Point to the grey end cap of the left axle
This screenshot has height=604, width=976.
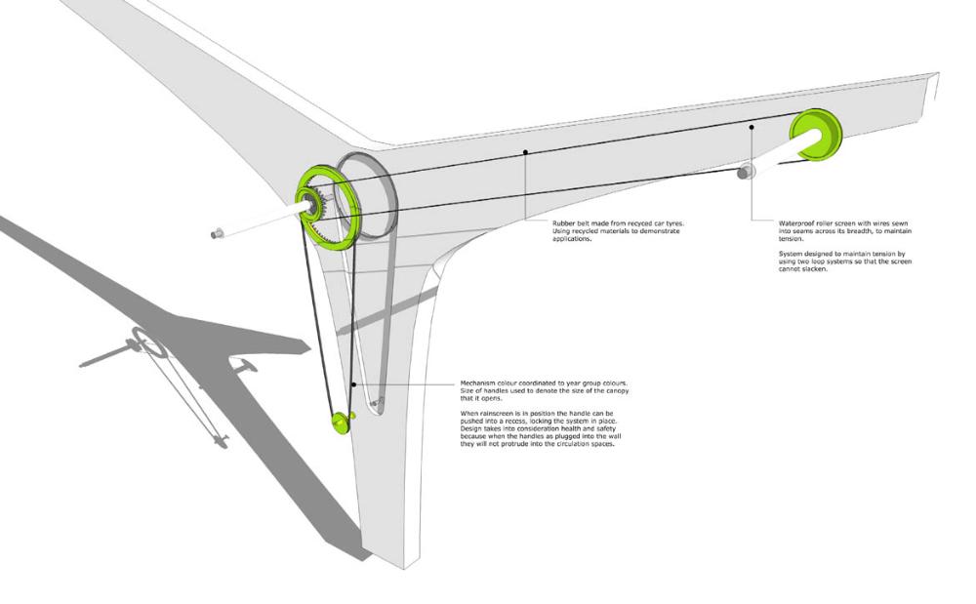tap(217, 233)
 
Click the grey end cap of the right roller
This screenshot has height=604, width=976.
tap(747, 173)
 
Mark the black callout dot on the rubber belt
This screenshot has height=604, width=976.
tap(526, 151)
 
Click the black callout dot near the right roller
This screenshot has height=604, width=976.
tap(752, 128)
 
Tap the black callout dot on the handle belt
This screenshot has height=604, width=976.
tap(353, 383)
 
